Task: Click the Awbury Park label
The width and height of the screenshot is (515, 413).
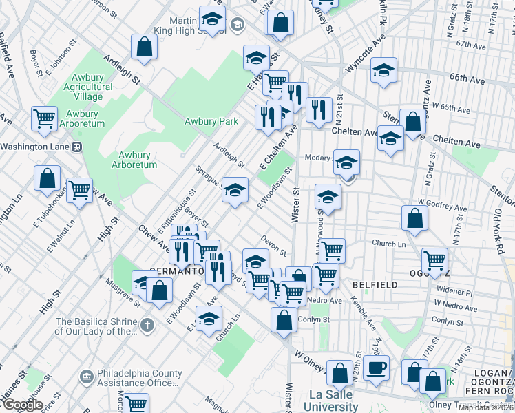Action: pos(211,122)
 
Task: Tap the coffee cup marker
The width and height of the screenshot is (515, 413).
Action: pos(376,367)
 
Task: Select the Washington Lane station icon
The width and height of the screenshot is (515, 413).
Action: pos(77,147)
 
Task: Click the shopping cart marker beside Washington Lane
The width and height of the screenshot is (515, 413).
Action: pos(44,118)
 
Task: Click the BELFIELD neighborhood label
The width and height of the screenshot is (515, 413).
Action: pos(374,284)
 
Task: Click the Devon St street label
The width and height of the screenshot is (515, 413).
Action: pos(273,242)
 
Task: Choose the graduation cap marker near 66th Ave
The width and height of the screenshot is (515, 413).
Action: pos(383,70)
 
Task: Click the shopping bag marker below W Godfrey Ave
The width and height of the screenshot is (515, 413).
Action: pos(415,219)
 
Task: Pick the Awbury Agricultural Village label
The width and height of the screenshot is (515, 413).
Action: pos(88,87)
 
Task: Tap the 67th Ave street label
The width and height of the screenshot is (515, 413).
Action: pos(470,44)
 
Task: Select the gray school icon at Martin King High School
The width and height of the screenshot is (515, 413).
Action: pos(237,26)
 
